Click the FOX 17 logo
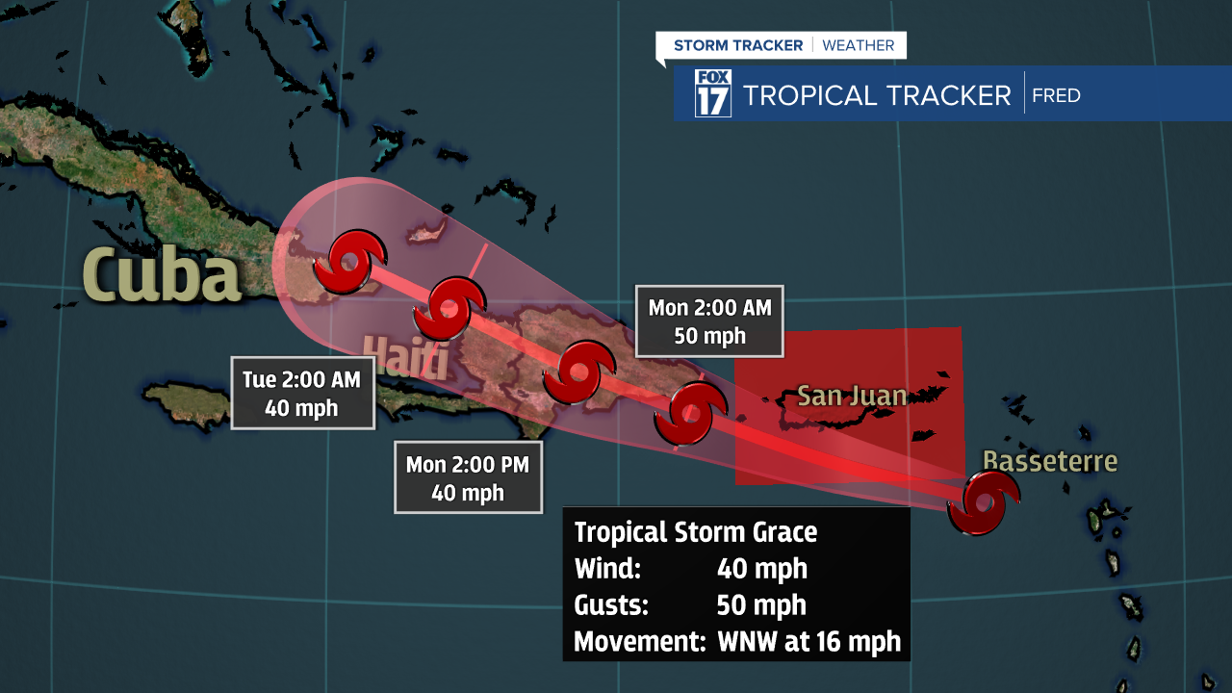pos(713,93)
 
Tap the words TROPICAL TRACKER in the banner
pos(877,95)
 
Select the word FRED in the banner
pos(1056,95)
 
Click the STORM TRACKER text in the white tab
pos(738,45)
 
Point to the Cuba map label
pos(161,274)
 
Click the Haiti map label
pos(405,358)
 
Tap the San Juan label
pos(852,396)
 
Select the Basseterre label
pos(1050,461)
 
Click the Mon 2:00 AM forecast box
pos(709,321)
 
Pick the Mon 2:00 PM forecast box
pos(467,478)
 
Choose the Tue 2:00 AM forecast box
pos(301,393)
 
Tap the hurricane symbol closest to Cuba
pos(350,261)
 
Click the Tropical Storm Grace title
pos(695,532)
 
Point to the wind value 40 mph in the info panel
pos(761,569)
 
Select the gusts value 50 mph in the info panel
pos(761,605)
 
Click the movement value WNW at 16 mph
pos(808,641)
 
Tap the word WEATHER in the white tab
pos(859,45)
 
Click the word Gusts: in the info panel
pos(610,605)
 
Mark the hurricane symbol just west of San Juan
pos(689,415)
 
